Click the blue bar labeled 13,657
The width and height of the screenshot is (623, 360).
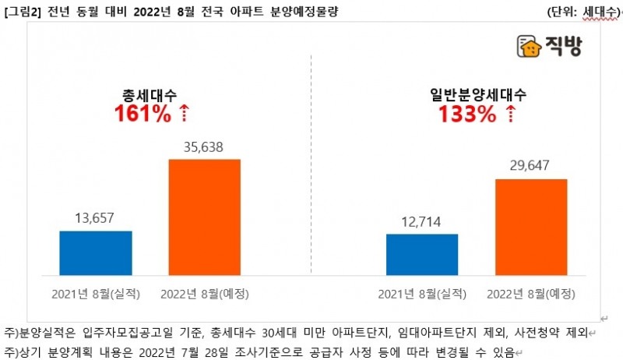(x=96, y=252)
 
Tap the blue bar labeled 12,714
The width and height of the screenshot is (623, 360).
(x=422, y=254)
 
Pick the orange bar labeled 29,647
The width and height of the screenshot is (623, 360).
(x=532, y=227)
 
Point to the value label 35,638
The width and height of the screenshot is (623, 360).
(x=205, y=148)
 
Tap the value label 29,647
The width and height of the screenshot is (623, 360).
(x=532, y=168)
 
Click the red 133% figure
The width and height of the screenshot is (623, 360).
(x=466, y=115)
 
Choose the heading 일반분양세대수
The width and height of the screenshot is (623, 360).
(x=478, y=95)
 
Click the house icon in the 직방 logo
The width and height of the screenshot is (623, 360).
(x=529, y=48)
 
